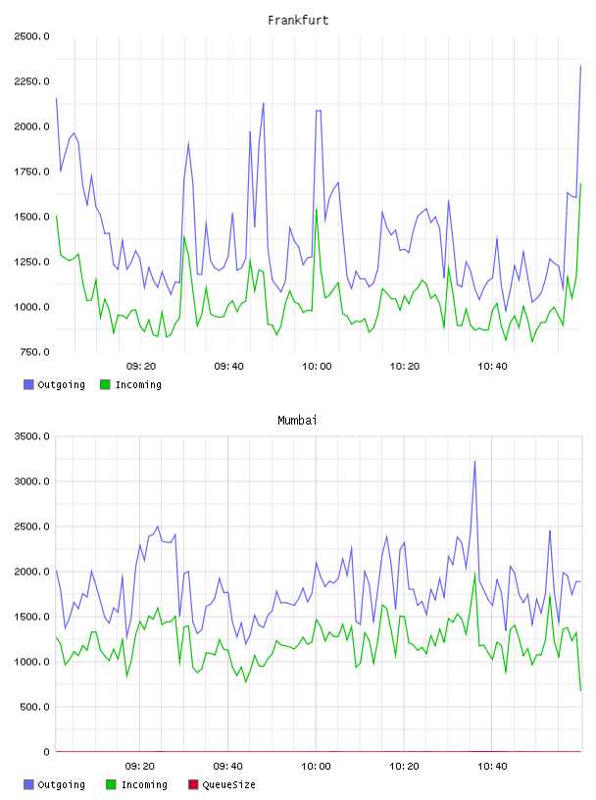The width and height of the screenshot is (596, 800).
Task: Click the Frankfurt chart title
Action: click(x=298, y=21)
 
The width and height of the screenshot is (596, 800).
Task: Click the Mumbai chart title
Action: click(x=297, y=421)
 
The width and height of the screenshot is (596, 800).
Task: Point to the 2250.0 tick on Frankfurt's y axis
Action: click(x=31, y=81)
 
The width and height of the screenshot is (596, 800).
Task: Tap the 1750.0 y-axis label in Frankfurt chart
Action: click(x=31, y=172)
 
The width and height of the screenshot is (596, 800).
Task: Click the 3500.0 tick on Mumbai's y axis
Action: click(x=31, y=436)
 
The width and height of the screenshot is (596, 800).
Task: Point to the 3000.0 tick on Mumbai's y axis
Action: click(x=31, y=481)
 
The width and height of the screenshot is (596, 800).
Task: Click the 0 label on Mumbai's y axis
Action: click(x=46, y=752)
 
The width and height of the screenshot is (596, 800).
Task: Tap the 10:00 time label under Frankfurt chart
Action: click(x=317, y=367)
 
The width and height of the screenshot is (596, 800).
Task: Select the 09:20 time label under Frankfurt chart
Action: click(x=141, y=367)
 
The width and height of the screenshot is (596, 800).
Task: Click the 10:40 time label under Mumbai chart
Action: click(x=492, y=767)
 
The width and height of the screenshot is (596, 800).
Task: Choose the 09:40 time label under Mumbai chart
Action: click(x=228, y=767)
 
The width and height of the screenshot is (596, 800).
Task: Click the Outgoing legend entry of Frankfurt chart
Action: click(x=55, y=384)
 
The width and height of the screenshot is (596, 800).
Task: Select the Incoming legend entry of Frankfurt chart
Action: click(x=131, y=384)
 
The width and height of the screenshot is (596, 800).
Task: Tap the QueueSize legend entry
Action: click(x=222, y=784)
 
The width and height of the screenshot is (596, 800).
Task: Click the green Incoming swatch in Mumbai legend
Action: click(x=111, y=784)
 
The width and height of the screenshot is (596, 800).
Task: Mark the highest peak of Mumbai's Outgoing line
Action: click(x=475, y=461)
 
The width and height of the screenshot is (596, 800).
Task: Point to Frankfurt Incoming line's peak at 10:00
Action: click(x=317, y=209)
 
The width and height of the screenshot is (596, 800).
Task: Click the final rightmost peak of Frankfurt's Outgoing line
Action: click(x=580, y=66)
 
